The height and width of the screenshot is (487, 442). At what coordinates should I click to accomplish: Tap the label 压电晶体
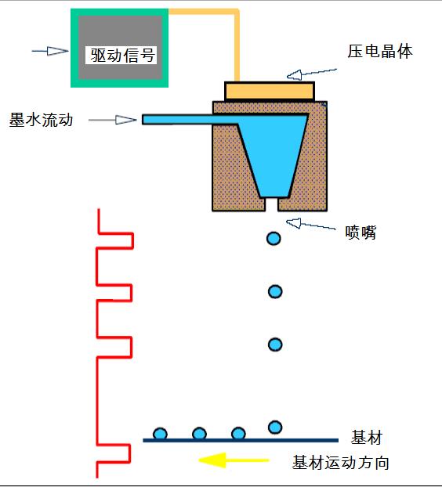(x=380, y=52)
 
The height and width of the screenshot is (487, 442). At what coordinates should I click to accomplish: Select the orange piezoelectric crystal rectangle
(x=270, y=91)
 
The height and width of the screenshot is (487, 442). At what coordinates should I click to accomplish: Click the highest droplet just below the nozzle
(x=274, y=238)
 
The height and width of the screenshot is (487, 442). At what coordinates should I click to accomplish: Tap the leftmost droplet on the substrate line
(x=160, y=434)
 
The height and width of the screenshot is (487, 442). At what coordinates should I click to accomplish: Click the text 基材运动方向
(x=340, y=463)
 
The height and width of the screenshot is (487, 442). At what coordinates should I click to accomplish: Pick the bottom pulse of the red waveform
(x=114, y=453)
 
